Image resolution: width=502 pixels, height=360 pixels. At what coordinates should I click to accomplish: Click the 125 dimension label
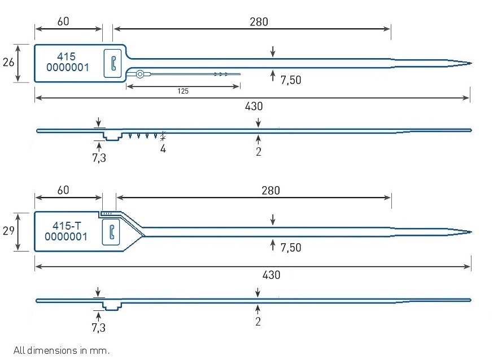pos(183,91)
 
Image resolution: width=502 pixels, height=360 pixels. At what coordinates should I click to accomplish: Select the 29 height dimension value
pos(8,230)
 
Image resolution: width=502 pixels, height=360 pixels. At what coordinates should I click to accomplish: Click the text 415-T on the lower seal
pos(67,226)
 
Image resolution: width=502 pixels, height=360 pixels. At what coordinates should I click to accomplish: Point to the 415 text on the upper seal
pos(66,56)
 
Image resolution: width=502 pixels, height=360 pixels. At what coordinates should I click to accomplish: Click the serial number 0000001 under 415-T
pos(66,237)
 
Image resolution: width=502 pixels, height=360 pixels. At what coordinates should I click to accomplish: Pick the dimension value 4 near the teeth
pos(163,149)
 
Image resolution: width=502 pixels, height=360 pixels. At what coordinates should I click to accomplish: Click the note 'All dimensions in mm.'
pos(62,350)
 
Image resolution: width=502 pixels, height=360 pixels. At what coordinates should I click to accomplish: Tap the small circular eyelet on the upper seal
pos(139,74)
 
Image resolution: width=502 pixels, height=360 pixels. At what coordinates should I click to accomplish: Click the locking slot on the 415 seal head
pos(114,63)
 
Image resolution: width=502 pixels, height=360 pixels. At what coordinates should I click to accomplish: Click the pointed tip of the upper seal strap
pos(472,63)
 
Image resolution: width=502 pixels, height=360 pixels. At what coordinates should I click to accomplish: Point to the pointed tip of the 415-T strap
pos(472,232)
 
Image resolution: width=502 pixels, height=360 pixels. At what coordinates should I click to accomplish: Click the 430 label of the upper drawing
pos(254,106)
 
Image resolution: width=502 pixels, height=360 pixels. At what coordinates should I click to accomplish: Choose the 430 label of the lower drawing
pos(271,275)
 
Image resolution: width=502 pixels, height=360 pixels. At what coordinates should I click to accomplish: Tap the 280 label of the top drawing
pos(259,22)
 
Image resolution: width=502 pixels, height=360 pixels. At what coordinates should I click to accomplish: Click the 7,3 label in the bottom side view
pos(99,328)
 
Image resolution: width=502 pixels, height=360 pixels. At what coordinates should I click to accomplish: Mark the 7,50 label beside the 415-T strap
pos(291,248)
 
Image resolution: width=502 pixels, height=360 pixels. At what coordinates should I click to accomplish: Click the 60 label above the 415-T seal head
pos(63,190)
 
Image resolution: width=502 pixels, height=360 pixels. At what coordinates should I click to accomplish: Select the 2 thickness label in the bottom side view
pos(258,322)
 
